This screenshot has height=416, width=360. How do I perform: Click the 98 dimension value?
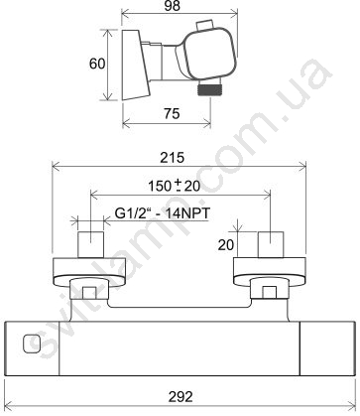(x=173, y=6)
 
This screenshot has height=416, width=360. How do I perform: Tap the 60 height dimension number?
(x=97, y=64)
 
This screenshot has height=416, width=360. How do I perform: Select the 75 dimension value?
(x=173, y=113)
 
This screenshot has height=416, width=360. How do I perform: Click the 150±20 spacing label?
(x=175, y=186)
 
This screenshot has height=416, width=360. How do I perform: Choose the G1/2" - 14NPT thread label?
(x=163, y=213)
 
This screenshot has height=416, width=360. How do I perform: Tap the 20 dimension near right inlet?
(x=226, y=245)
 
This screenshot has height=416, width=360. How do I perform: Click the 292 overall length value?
(x=180, y=396)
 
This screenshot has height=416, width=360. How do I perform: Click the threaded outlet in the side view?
(x=209, y=89)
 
